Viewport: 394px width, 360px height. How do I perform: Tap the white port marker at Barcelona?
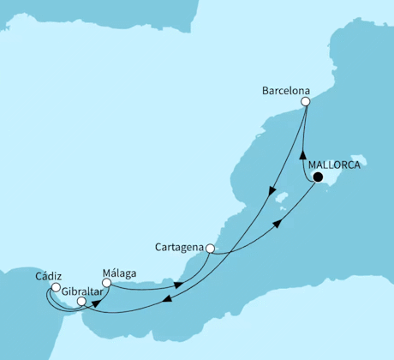pos(306,101)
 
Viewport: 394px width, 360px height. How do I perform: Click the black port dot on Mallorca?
pos(318,178)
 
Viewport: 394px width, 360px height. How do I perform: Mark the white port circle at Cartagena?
pos(209,249)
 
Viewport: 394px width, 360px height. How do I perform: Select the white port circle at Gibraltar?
pos(81,302)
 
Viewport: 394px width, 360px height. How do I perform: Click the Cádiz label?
pos(48,276)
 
